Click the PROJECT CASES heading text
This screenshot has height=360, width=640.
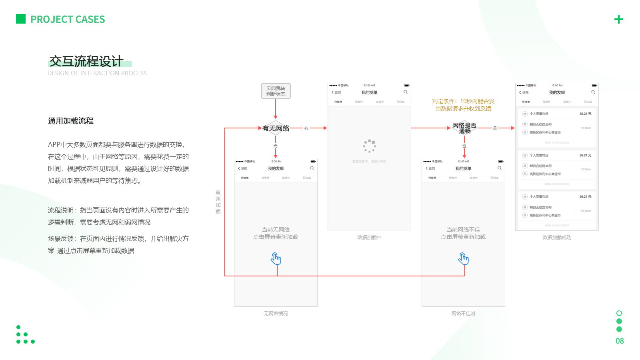coord(68,19)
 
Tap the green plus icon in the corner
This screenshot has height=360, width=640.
coord(618,19)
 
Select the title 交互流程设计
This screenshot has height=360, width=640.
coord(86,61)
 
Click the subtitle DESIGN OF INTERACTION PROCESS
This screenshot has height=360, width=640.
coord(97,73)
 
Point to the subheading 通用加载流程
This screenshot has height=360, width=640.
coord(71,121)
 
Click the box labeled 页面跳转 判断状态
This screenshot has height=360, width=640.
coord(276,91)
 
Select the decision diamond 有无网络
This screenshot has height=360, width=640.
coord(276,128)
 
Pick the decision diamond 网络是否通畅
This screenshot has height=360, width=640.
coord(464,128)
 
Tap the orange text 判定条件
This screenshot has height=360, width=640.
coord(463,105)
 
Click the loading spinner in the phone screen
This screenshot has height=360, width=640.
coord(369,146)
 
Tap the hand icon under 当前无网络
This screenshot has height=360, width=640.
coord(276,259)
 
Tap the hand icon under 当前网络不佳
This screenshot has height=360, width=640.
coord(464,259)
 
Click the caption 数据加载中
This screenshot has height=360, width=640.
coord(369,238)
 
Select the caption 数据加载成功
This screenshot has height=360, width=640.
coord(557,238)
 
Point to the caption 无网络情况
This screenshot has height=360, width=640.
coord(276,314)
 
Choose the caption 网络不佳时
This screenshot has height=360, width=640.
coord(463,314)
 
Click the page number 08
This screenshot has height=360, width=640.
coord(620,341)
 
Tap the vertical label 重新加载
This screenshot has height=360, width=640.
coord(218,202)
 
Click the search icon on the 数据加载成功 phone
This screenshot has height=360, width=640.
coord(593,92)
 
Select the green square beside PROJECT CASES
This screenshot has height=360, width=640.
coord(21,19)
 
